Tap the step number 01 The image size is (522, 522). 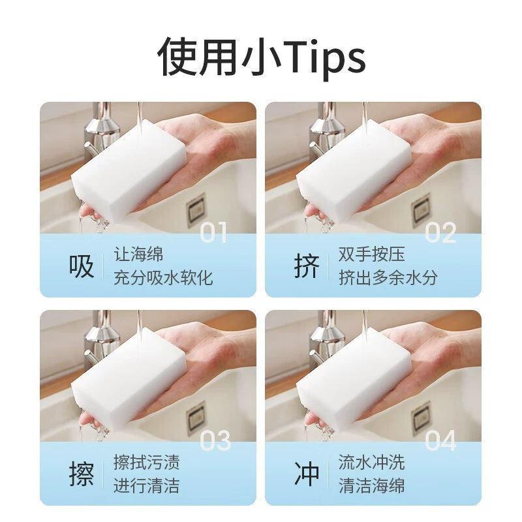click(x=213, y=232)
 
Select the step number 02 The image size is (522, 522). click(x=440, y=232)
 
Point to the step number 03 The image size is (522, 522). click(x=215, y=440)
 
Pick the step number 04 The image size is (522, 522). click(x=440, y=440)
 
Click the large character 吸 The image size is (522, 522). click(x=81, y=266)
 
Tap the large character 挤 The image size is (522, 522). click(x=307, y=266)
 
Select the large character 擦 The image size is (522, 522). click(x=81, y=474)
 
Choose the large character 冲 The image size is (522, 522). click(x=307, y=474)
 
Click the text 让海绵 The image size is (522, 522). click(x=138, y=254)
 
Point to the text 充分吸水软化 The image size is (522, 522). click(x=163, y=278)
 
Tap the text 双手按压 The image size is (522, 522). click(x=371, y=254)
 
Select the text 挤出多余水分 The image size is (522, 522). click(x=388, y=278)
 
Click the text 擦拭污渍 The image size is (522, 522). click(x=146, y=463)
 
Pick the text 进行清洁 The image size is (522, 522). click(x=146, y=485)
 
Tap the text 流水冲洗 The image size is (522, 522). click(x=371, y=463)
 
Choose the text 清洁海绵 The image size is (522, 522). click(x=371, y=485)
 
